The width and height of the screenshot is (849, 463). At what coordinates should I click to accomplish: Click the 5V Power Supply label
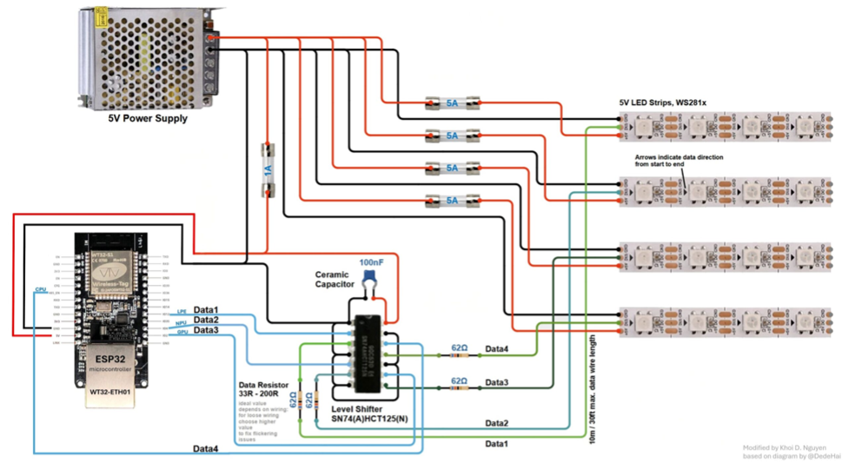point(147,118)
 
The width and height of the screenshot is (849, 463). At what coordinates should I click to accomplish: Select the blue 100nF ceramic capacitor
point(373,276)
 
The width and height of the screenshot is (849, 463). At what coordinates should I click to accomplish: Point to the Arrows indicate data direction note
point(679,160)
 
